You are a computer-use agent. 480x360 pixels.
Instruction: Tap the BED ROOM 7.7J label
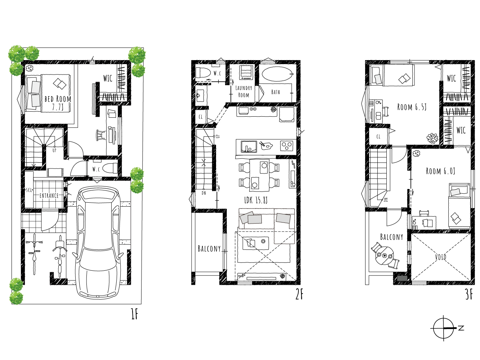(x=58, y=103)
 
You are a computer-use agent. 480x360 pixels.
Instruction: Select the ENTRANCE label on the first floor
(x=49, y=195)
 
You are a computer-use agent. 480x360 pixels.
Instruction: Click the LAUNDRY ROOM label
(x=244, y=91)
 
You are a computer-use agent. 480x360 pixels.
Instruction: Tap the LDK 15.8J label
(x=256, y=200)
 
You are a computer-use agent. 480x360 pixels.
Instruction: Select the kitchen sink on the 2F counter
(x=249, y=147)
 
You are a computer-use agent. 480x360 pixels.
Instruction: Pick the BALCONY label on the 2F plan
(x=209, y=248)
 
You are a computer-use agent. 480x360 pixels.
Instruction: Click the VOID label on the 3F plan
(x=440, y=257)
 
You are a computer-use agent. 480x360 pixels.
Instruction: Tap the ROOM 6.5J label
(x=412, y=107)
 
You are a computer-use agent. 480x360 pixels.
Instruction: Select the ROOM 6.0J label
(x=440, y=171)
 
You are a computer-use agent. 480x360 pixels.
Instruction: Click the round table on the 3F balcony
(x=385, y=256)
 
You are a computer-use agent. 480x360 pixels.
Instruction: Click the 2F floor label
(x=299, y=294)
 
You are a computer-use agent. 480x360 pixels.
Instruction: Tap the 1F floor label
(x=134, y=314)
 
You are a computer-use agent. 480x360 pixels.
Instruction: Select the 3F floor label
(x=469, y=294)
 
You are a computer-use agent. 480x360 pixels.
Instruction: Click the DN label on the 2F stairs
(x=203, y=193)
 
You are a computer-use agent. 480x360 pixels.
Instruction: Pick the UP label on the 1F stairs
(x=54, y=150)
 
